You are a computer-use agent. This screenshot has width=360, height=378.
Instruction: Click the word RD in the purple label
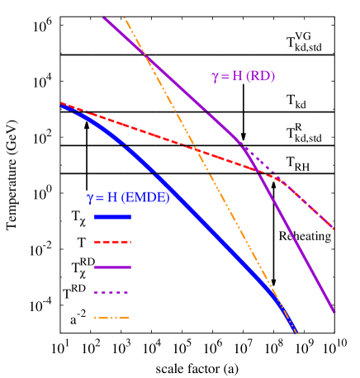tap(260, 77)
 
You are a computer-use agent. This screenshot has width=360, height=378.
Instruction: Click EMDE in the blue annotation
tap(144, 198)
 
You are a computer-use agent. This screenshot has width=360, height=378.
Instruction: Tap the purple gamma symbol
tap(216, 77)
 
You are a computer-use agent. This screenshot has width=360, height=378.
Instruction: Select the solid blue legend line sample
tap(112, 217)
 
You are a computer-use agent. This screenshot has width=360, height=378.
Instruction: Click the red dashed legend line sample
tap(112, 243)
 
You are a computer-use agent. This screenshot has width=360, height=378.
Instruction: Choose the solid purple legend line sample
tap(112, 267)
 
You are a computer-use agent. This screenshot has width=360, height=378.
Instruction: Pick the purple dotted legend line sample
tap(112, 292)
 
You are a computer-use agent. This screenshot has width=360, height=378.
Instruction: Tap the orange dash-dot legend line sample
tap(112, 318)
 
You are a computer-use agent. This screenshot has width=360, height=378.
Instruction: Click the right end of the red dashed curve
tap(334, 229)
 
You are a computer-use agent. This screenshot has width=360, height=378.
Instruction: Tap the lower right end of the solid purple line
tap(334, 312)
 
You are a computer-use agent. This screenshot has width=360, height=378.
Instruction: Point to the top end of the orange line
tap(124, 17)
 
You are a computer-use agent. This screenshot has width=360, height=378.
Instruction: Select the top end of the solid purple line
tap(104, 17)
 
